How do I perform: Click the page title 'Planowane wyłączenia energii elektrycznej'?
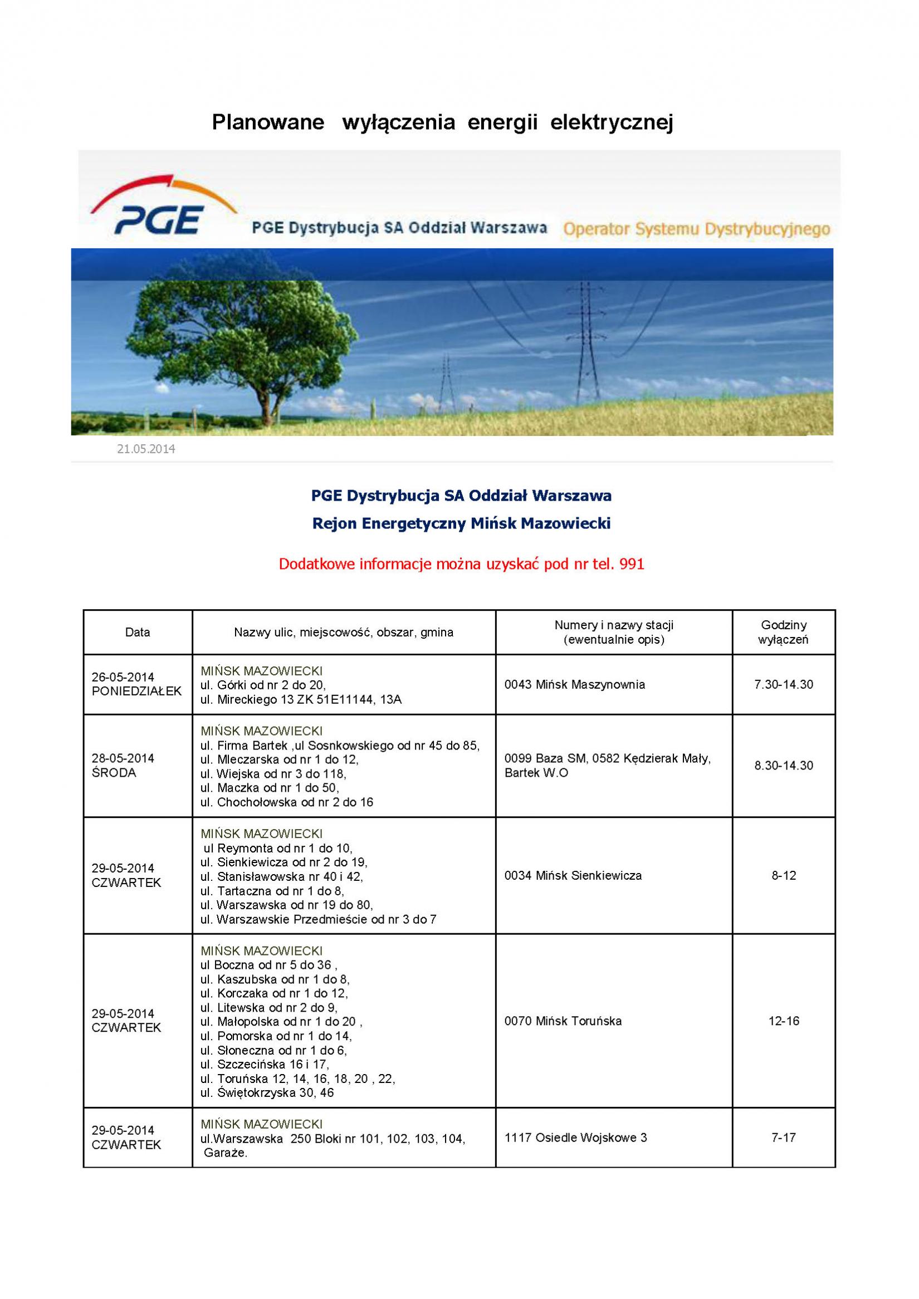pyautogui.click(x=443, y=122)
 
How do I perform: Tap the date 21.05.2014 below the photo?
pyautogui.click(x=146, y=449)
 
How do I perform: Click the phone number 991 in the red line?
pyautogui.click(x=632, y=564)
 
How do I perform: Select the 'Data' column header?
pyautogui.click(x=138, y=633)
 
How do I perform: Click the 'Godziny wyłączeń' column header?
pyautogui.click(x=784, y=633)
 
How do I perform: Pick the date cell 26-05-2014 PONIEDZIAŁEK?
pyautogui.click(x=136, y=684)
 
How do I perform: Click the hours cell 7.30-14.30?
pyautogui.click(x=784, y=684)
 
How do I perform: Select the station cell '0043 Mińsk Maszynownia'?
pyautogui.click(x=574, y=684)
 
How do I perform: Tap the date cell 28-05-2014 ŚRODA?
pyautogui.click(x=123, y=766)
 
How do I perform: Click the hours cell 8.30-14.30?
pyautogui.click(x=784, y=766)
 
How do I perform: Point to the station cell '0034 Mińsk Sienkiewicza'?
pyautogui.click(x=573, y=875)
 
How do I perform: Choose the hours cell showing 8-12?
pyautogui.click(x=784, y=875)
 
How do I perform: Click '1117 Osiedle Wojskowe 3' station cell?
pyautogui.click(x=575, y=1138)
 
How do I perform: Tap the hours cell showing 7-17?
pyautogui.click(x=784, y=1138)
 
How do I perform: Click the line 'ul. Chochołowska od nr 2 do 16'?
pyautogui.click(x=286, y=802)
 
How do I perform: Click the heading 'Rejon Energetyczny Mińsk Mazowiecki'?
pyautogui.click(x=461, y=524)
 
